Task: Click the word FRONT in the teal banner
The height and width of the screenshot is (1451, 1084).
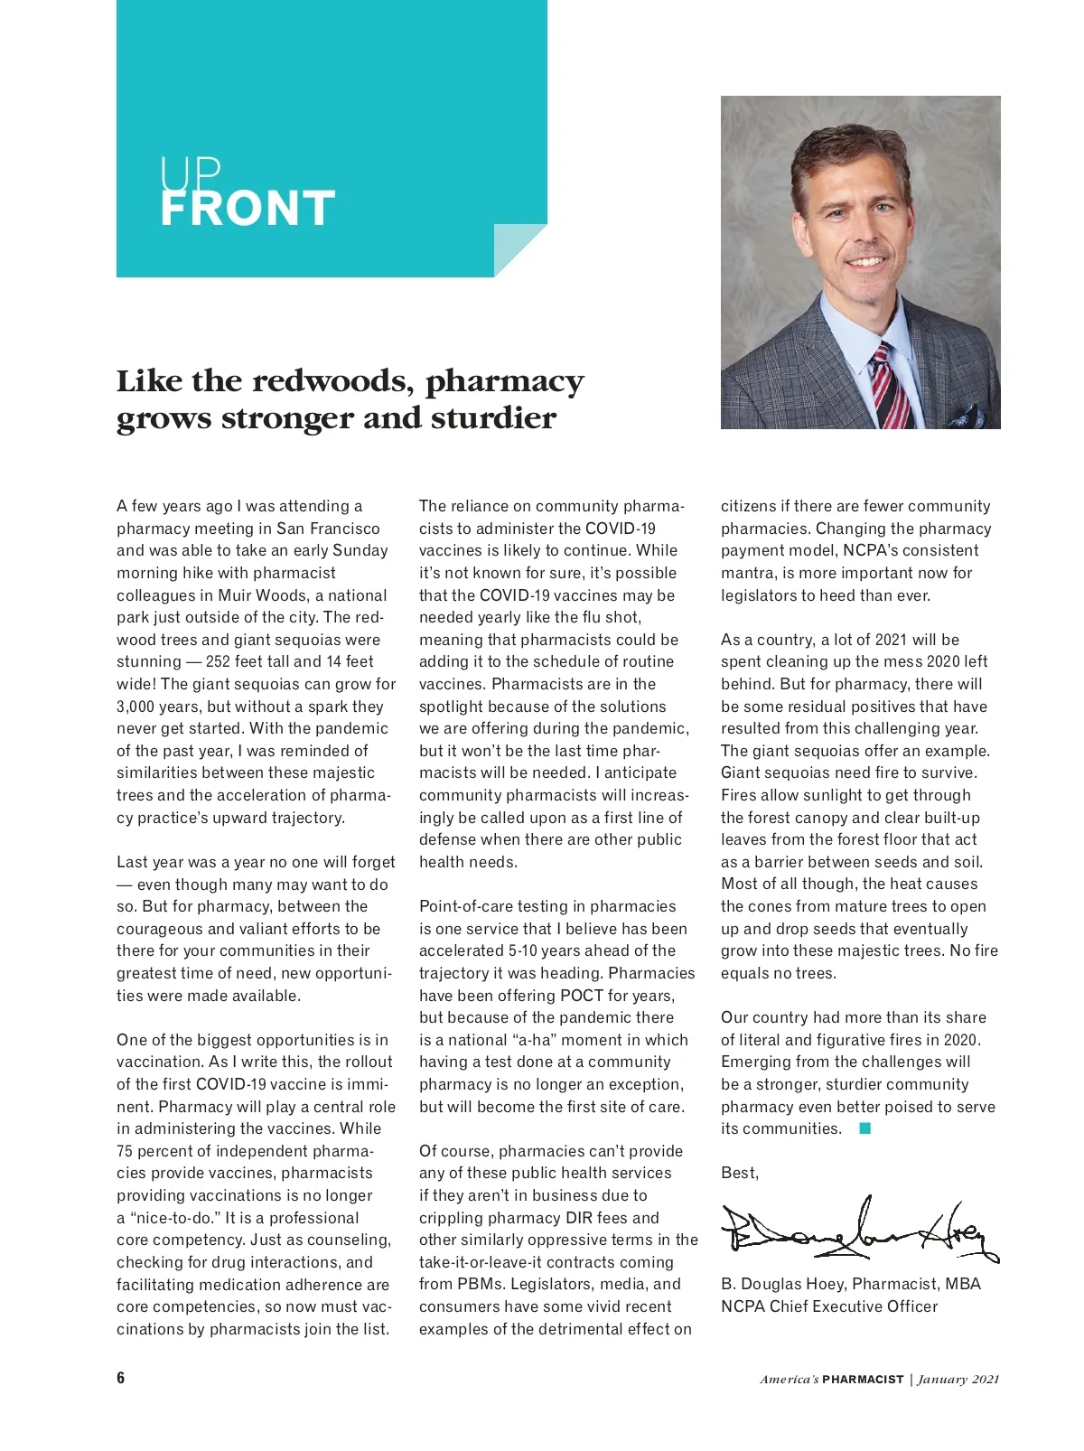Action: coord(248,209)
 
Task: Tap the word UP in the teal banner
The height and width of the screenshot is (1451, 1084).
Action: coord(191,172)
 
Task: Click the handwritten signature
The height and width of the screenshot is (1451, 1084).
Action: coord(858,1231)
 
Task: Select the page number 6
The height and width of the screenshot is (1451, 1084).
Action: coord(121,1378)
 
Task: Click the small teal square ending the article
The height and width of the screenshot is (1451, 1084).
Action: coord(864,1128)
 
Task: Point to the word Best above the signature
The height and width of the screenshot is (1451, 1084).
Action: coord(738,1173)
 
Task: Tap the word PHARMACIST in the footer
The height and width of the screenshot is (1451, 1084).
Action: coord(863,1380)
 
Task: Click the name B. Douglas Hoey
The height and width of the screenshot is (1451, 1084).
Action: coord(782,1284)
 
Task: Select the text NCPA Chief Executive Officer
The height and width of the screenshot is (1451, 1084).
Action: coord(829,1306)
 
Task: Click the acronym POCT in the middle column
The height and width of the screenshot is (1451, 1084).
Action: coord(582,996)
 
